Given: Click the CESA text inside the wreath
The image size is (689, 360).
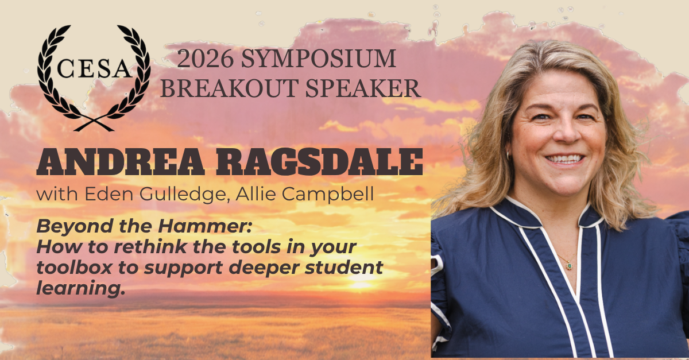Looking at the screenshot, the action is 94,69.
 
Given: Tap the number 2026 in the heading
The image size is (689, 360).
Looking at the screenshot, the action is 206,59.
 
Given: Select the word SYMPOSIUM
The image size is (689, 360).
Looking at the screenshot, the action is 318,59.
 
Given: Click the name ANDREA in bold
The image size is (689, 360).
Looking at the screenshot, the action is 120,162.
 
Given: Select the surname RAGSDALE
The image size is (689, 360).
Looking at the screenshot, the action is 319,162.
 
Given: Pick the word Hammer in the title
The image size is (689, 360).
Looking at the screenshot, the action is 205,226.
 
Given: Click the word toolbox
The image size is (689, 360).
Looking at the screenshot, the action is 74,267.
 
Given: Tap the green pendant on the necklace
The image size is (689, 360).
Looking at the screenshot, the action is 570,265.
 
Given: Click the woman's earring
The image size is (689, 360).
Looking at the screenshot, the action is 508,155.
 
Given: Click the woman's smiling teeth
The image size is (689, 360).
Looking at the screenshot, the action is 565,160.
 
